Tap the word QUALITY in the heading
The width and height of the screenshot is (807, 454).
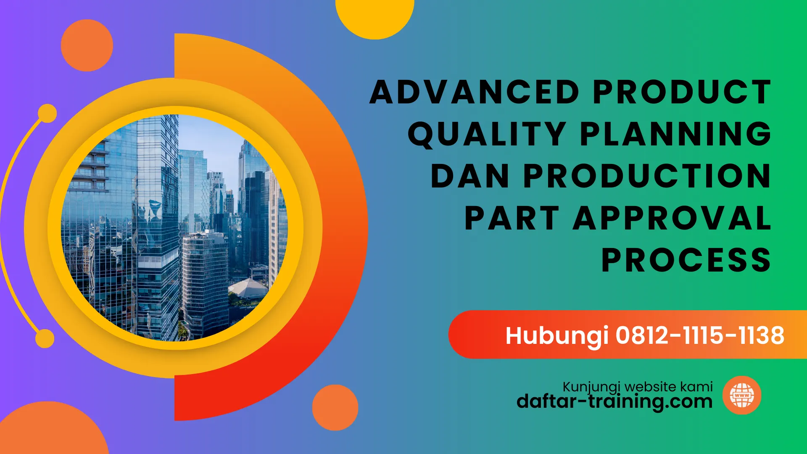(487, 134)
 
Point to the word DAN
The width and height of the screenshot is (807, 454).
(470, 176)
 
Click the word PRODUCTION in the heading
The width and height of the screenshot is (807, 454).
(647, 176)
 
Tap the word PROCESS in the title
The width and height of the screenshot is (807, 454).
(686, 260)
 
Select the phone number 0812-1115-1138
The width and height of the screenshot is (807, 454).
(700, 335)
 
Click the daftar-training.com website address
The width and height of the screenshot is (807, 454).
(614, 402)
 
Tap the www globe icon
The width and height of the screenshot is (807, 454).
(742, 395)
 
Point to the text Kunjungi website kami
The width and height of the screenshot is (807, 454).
(638, 387)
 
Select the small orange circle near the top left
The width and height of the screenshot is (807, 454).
(87, 45)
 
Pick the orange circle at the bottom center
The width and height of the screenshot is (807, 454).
(335, 407)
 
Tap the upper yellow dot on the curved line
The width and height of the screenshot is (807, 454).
(47, 113)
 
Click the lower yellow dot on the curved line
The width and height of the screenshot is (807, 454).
(45, 339)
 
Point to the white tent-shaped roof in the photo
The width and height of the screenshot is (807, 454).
(248, 288)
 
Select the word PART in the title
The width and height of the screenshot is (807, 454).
(512, 218)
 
